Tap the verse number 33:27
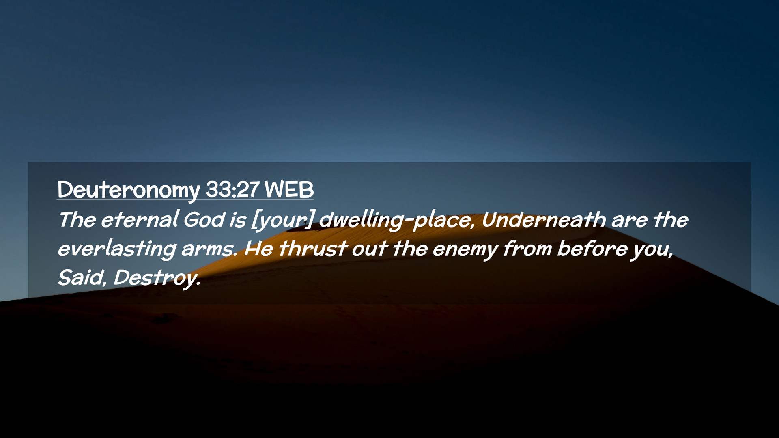[232, 189]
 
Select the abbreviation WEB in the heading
[289, 189]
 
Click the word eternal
[140, 219]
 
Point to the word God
[204, 219]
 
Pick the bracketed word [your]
[282, 221]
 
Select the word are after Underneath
[629, 221]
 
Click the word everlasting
[117, 249]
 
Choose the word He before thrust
[259, 249]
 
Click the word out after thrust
[369, 249]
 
